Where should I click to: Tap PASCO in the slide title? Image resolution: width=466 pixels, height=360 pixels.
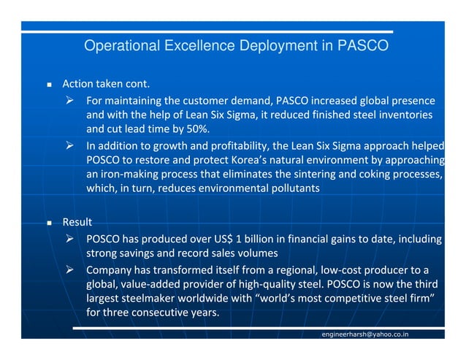pos(363,46)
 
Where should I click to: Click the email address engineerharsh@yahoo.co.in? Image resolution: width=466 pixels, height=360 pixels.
pos(365,334)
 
